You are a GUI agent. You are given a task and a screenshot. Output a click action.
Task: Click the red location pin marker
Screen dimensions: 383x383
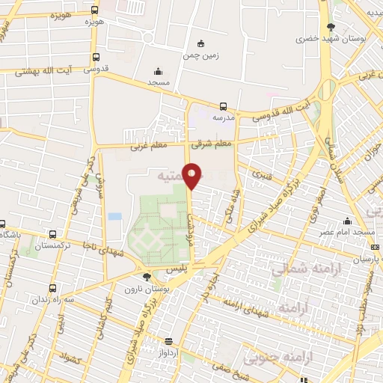click(x=193, y=175)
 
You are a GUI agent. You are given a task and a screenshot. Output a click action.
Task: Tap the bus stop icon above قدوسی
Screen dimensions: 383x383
click(x=95, y=57)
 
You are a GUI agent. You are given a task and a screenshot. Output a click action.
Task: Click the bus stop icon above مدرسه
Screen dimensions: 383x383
click(x=223, y=106)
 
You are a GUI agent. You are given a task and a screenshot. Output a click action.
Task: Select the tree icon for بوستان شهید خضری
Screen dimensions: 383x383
click(x=331, y=27)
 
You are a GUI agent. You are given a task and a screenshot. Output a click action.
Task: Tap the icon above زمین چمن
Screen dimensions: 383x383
click(x=199, y=43)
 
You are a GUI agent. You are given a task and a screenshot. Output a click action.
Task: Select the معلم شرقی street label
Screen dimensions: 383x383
click(x=212, y=143)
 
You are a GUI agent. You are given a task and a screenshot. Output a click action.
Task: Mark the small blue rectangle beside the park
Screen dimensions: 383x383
click(x=114, y=216)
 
